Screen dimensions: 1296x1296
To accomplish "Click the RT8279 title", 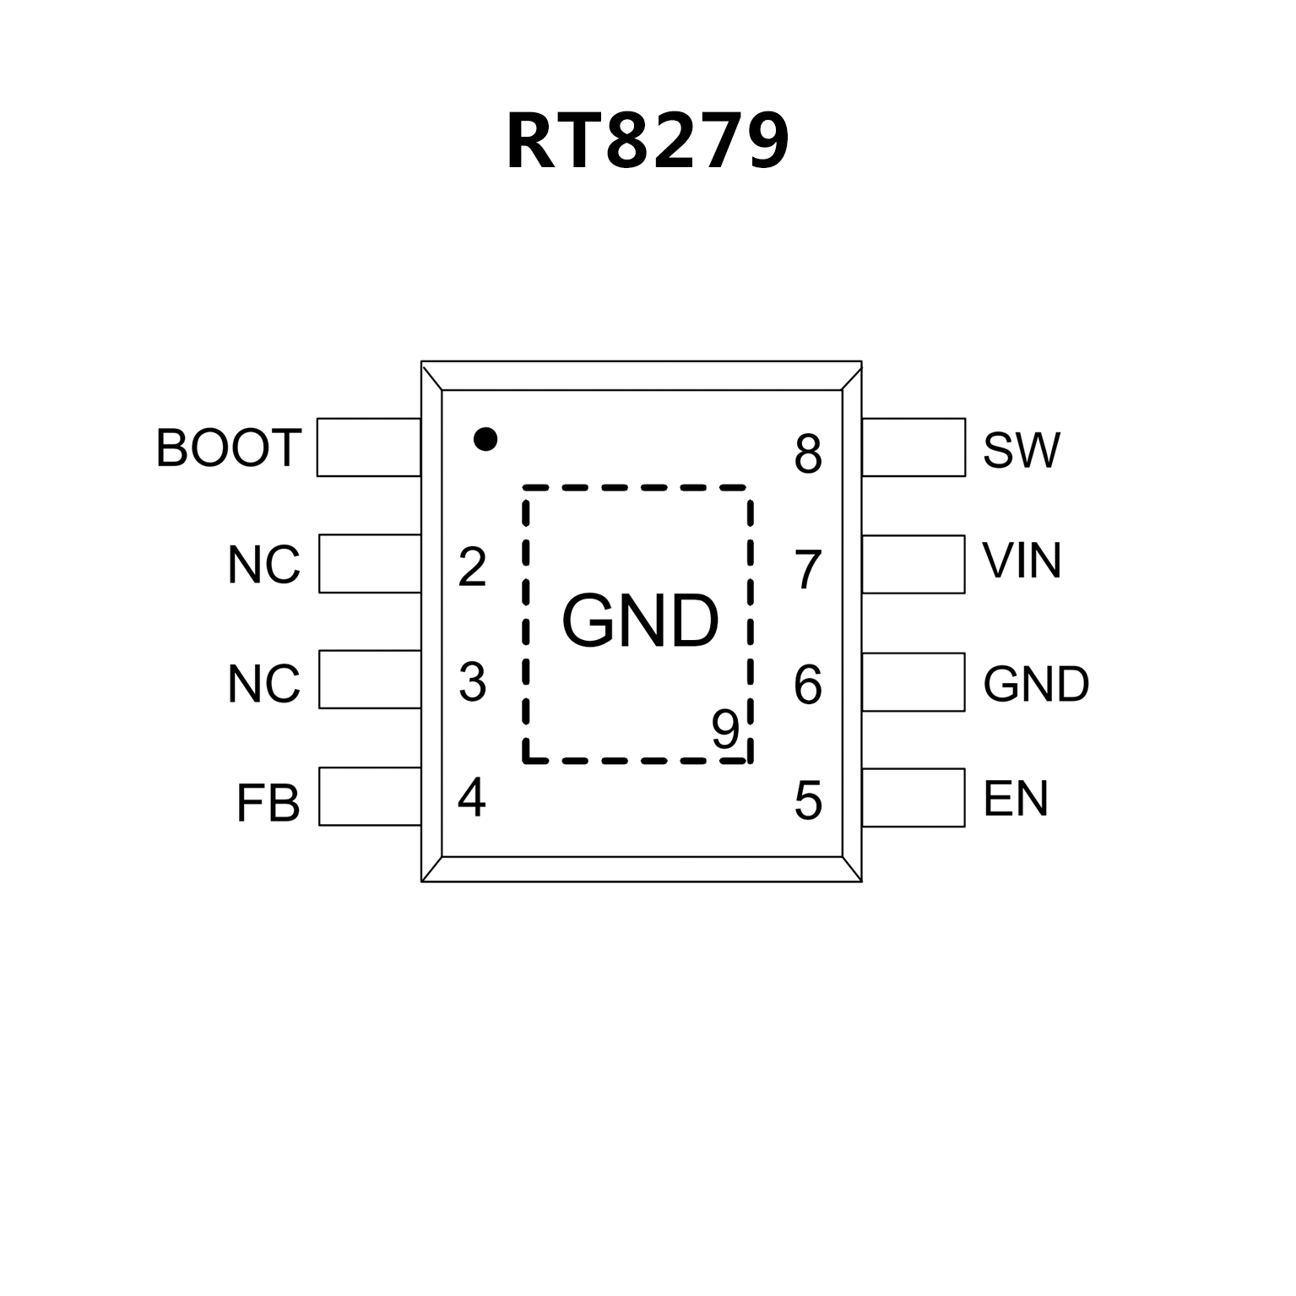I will (648, 141).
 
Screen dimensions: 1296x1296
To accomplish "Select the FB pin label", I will (268, 803).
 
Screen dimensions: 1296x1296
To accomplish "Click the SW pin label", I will (1021, 450).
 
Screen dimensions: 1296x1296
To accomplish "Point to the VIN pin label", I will (1022, 561).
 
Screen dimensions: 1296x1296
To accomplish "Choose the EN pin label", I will (1016, 799).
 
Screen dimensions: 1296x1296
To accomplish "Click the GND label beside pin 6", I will (1036, 684).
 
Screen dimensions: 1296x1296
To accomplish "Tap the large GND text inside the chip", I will (640, 621).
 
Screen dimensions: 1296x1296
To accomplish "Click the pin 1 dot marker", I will (485, 439).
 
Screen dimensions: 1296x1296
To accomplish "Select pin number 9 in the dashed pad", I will (725, 729).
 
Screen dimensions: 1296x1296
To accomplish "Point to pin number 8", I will (808, 454).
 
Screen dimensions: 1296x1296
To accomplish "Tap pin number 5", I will (808, 800).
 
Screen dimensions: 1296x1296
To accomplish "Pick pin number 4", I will (471, 797).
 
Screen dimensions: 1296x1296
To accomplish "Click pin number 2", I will (472, 567).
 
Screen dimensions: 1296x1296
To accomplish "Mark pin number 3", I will (472, 682).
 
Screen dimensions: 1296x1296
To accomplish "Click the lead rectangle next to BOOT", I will (369, 447).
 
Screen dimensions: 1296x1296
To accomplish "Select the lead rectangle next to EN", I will (914, 797).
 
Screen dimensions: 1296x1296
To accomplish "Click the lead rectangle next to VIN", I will (914, 564).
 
